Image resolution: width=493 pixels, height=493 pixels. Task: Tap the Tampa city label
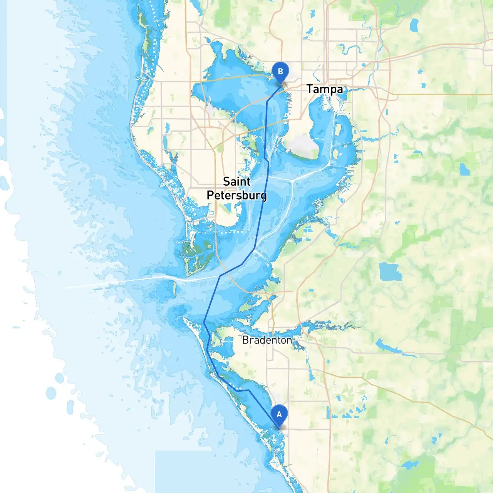(x=324, y=89)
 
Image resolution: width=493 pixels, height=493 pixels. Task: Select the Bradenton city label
(x=267, y=340)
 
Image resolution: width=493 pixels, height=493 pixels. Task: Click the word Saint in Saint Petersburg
(x=236, y=181)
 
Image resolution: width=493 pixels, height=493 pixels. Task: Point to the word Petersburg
(x=236, y=195)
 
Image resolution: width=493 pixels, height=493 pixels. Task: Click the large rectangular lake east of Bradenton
(x=390, y=272)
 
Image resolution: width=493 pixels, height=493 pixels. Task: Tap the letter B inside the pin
(x=280, y=71)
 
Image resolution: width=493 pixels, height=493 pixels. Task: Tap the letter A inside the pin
(x=279, y=414)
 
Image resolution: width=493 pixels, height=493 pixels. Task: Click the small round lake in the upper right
(x=464, y=169)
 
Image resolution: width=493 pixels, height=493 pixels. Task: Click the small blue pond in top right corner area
(x=414, y=25)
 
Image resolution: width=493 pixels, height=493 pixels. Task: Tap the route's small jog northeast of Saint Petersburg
(x=267, y=159)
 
